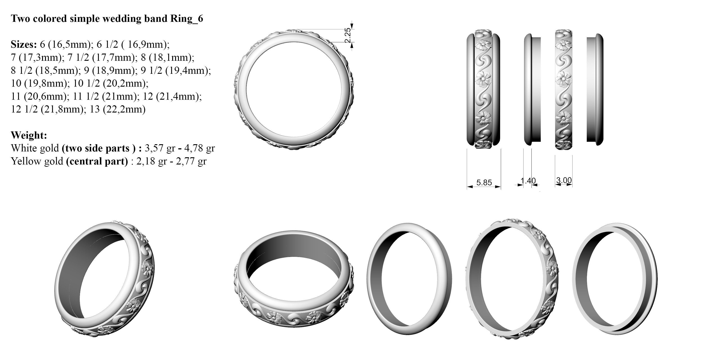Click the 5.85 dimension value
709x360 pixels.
click(484, 182)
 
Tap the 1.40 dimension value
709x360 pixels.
click(528, 181)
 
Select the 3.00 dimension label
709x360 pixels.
click(564, 180)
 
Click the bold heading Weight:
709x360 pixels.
click(29, 135)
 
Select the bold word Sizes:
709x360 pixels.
click(24, 44)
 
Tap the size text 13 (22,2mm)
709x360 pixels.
click(117, 109)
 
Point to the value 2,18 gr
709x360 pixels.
click(151, 161)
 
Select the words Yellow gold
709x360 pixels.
click(37, 161)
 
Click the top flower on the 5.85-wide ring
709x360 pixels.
click(483, 44)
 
